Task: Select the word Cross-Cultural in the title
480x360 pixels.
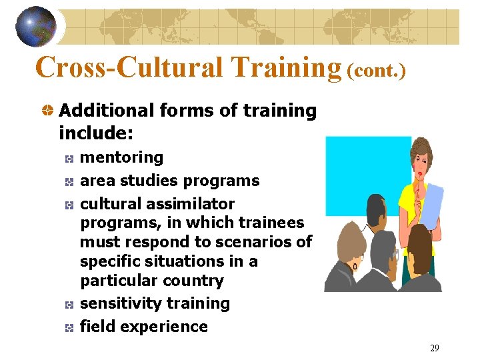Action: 129,67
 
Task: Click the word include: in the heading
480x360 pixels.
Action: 97,133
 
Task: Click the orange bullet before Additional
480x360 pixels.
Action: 48,111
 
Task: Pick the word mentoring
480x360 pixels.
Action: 121,157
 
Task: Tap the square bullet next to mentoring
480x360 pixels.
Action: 69,158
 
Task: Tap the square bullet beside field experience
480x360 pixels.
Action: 69,327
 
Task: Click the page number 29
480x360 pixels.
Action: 434,348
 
